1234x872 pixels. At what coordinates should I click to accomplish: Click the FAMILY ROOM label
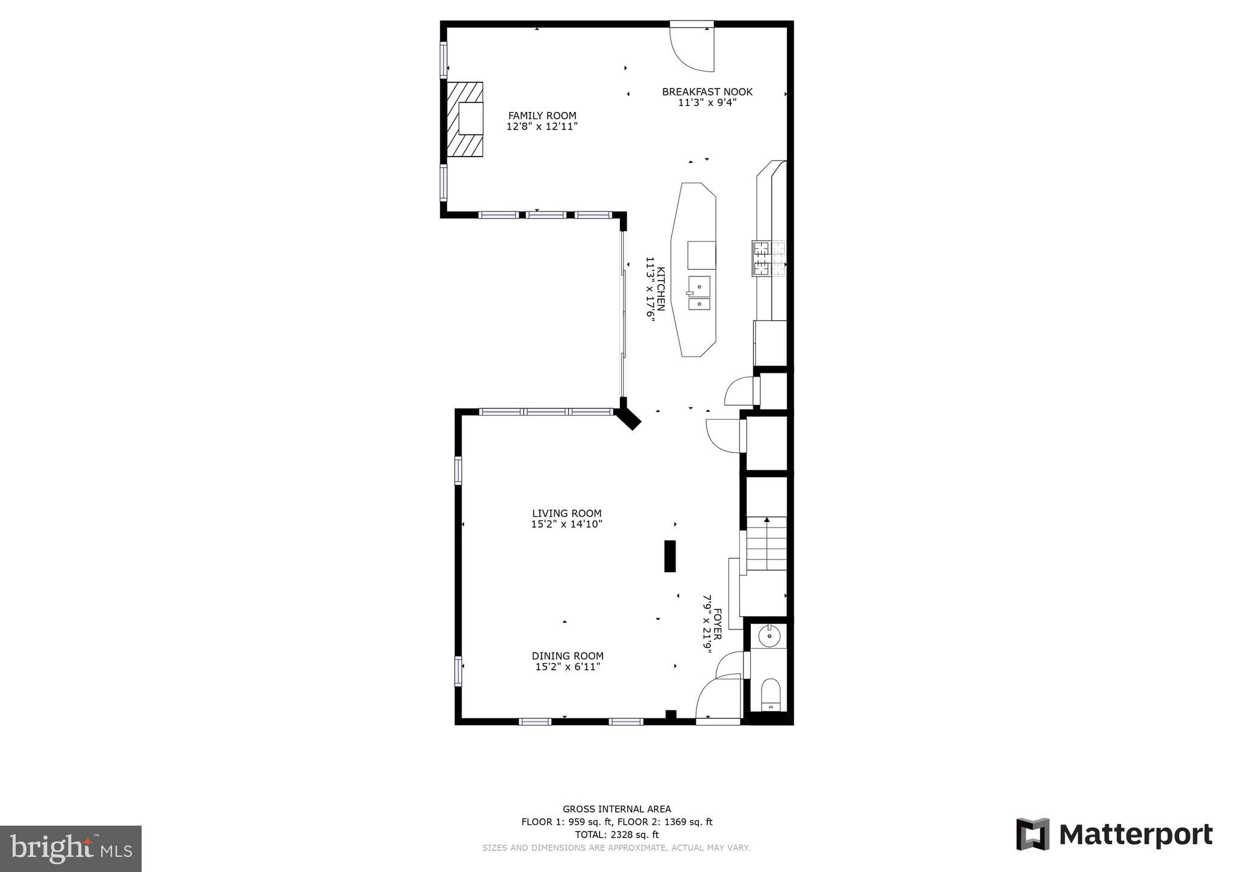pos(542,116)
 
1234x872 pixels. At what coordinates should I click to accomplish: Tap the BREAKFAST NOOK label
pos(707,92)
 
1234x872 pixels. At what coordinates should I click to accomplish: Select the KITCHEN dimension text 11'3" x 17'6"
pos(650,289)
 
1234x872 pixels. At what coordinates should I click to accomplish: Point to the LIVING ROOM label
pos(566,513)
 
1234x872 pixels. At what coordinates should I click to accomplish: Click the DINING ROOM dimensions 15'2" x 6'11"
pos(568,667)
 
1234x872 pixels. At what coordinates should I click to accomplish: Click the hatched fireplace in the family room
pos(465,119)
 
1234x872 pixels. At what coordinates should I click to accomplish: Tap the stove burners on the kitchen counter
pos(768,258)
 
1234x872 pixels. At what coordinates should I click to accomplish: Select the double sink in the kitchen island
pos(699,293)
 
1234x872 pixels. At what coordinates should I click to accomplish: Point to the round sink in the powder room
pos(769,635)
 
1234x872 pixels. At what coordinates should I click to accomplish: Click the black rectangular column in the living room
pos(669,556)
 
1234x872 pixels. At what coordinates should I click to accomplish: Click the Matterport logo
pos(1114,835)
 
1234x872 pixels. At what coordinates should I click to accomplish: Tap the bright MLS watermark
pos(70,849)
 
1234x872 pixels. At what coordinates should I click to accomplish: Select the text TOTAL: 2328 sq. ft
pos(616,835)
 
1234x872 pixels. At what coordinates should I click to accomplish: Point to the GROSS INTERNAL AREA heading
pos(616,809)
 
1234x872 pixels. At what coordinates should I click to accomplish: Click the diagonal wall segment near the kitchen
pos(628,417)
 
